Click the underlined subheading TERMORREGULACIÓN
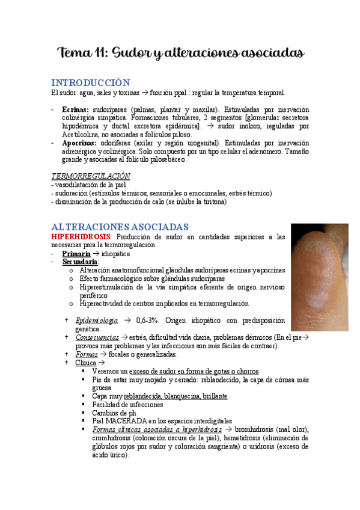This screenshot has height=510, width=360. coord(90,176)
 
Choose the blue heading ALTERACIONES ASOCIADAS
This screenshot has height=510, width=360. coord(121,227)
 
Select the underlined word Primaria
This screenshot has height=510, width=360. coord(76,254)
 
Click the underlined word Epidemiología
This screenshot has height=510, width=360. coord(97,321)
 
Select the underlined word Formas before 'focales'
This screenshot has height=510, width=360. coord(87,354)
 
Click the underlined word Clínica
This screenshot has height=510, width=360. coord(85,363)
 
